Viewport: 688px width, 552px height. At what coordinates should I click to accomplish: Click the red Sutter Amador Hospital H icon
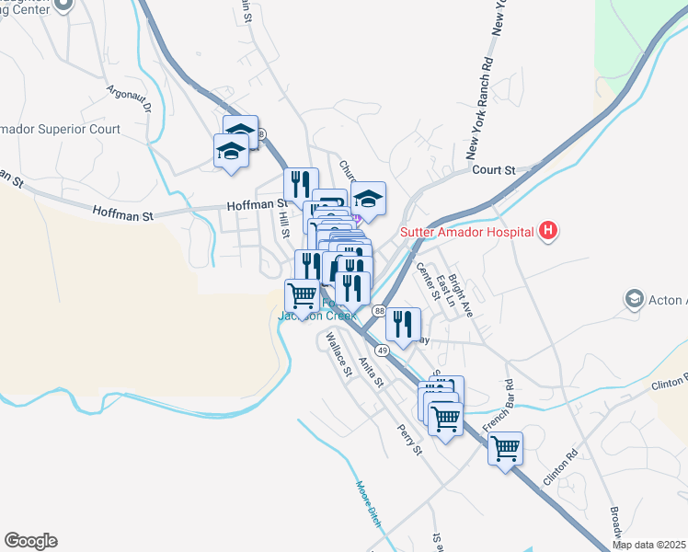549,231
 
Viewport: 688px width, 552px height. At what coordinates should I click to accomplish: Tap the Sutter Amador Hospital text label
467,232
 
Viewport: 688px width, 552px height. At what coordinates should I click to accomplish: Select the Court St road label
493,170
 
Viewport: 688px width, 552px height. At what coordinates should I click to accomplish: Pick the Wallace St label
334,355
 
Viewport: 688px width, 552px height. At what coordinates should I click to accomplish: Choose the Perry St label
408,439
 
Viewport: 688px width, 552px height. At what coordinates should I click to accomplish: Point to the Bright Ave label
461,294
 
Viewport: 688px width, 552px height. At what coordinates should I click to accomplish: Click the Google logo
30,541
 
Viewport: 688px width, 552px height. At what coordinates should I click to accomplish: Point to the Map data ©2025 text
648,545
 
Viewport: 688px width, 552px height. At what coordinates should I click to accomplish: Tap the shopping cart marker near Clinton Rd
504,449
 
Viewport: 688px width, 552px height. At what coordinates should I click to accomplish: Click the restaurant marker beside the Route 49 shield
402,324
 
